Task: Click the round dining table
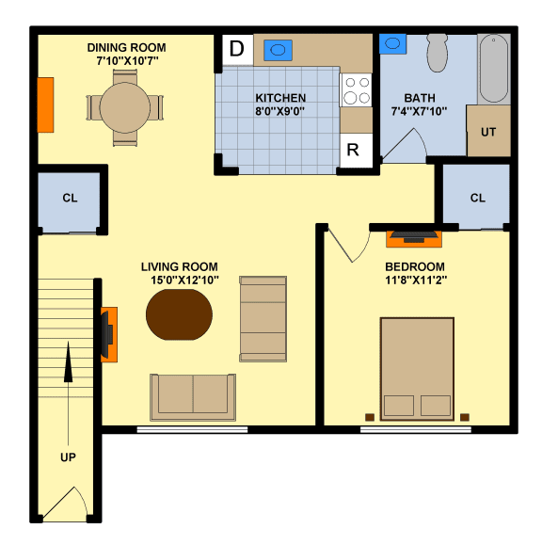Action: pyautogui.click(x=124, y=107)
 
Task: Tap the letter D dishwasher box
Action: pyautogui.click(x=237, y=49)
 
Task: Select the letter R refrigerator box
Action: pyautogui.click(x=354, y=150)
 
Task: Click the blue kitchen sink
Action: pyautogui.click(x=278, y=50)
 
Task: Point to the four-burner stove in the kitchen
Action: pyautogui.click(x=356, y=90)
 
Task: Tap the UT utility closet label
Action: pyautogui.click(x=488, y=132)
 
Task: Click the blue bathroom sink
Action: pyautogui.click(x=392, y=43)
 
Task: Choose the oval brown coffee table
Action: pyautogui.click(x=180, y=314)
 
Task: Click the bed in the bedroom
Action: pyautogui.click(x=417, y=370)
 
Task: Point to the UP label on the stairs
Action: pyautogui.click(x=68, y=457)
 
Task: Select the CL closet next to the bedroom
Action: pyautogui.click(x=477, y=198)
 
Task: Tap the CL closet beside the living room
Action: pyautogui.click(x=69, y=199)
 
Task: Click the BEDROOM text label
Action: pyautogui.click(x=415, y=266)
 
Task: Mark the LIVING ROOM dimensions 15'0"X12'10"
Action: pyautogui.click(x=180, y=280)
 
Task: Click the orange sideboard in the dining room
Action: pyautogui.click(x=45, y=105)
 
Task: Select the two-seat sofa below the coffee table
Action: pyautogui.click(x=193, y=396)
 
